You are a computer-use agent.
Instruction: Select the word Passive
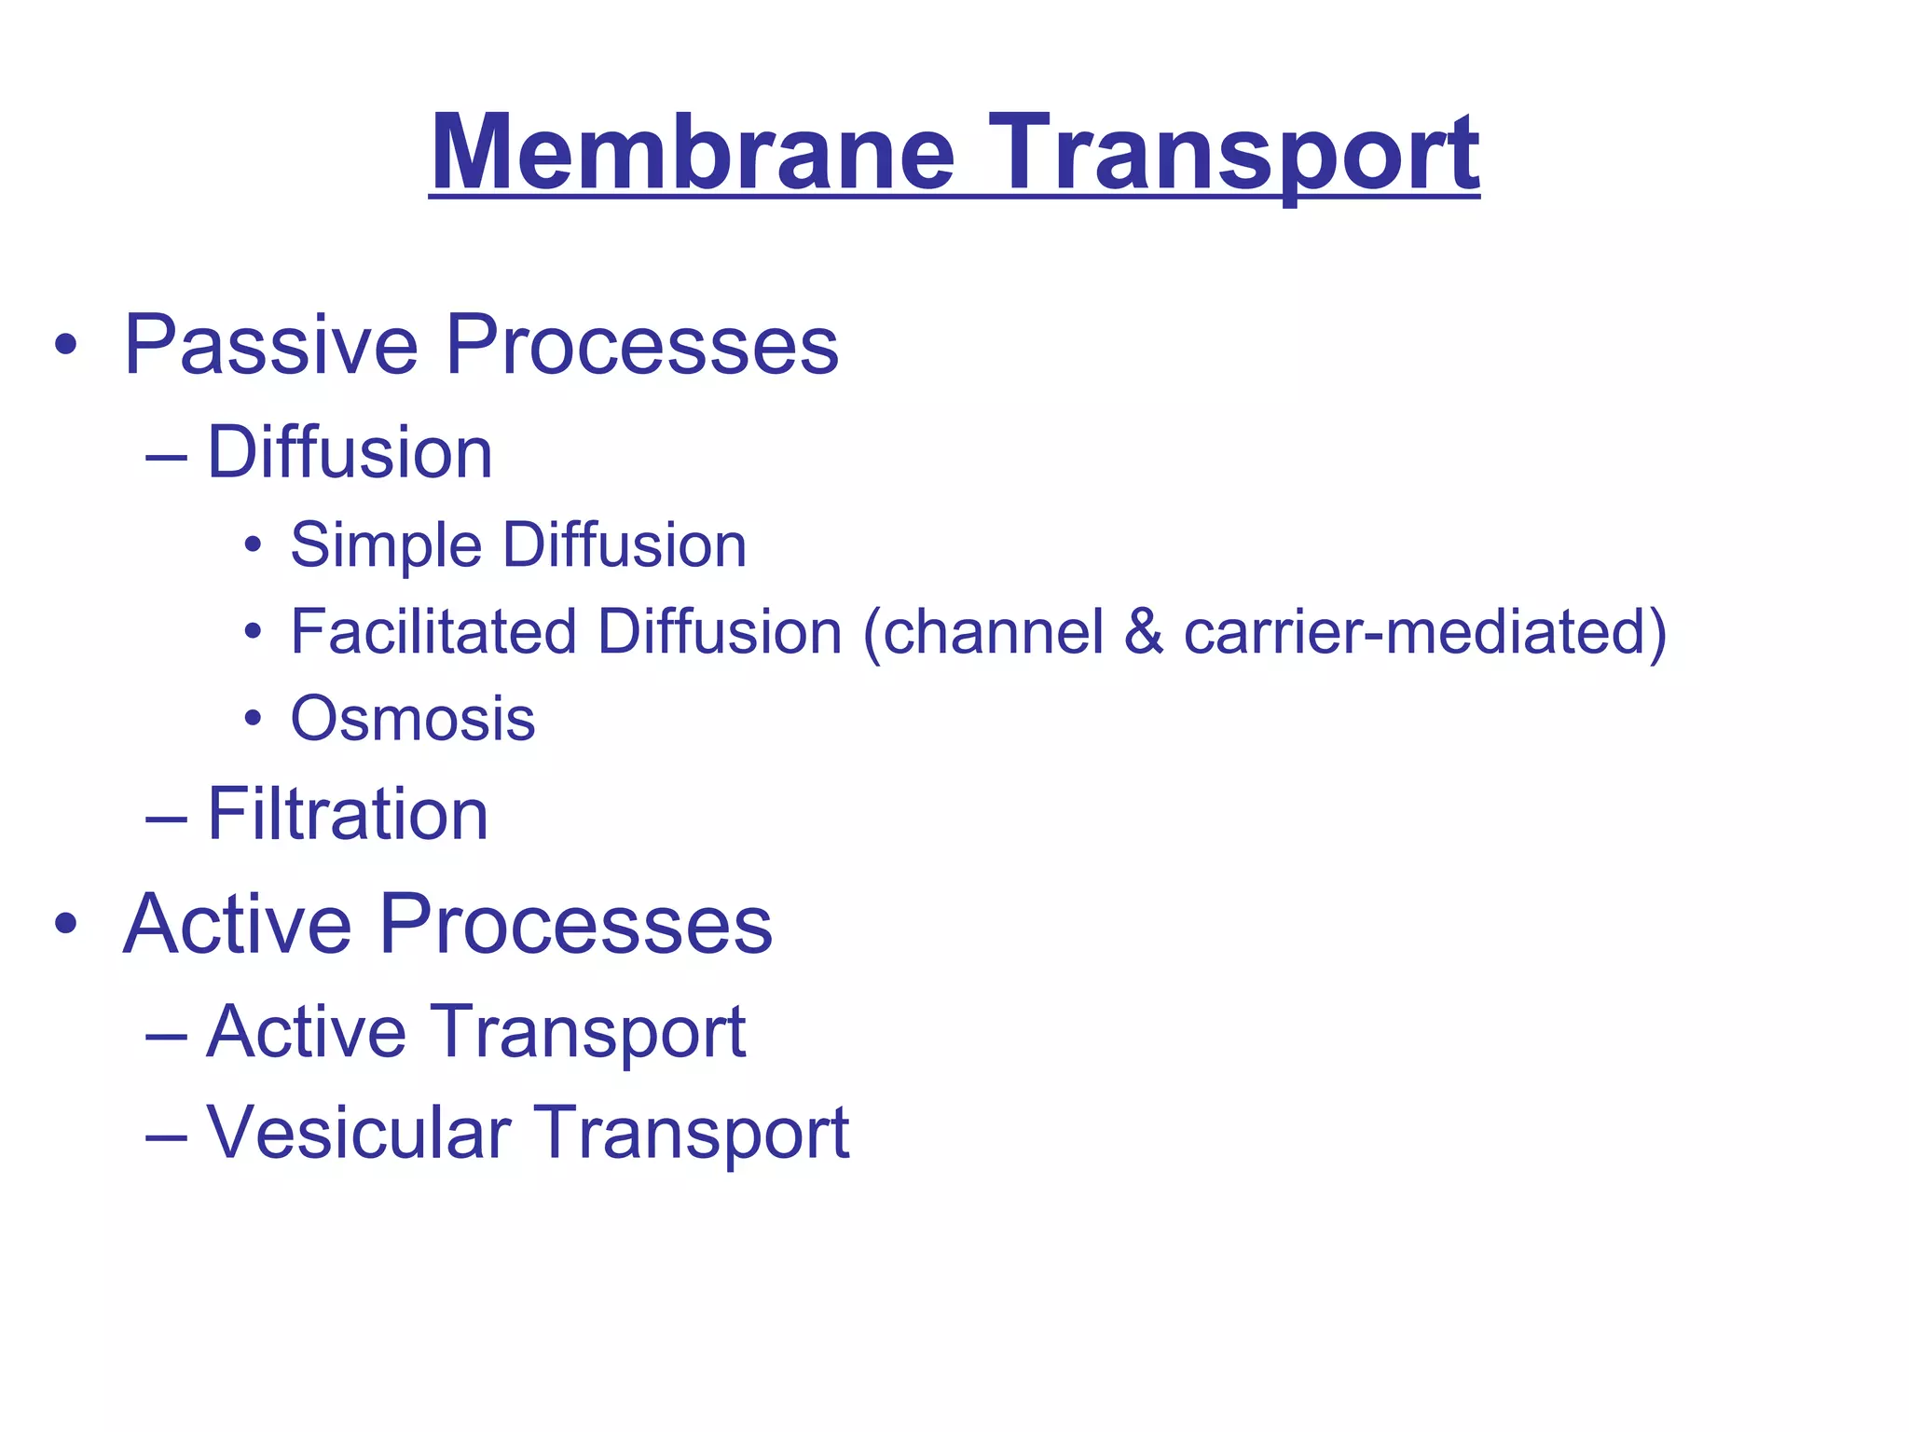click(270, 345)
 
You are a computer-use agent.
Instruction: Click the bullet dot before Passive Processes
click(65, 346)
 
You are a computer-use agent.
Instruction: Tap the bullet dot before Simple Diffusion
click(253, 544)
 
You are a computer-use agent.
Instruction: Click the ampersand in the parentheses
click(1143, 632)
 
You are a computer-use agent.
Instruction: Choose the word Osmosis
click(413, 720)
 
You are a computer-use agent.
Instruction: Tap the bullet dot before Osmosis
click(253, 719)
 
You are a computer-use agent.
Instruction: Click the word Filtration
click(347, 815)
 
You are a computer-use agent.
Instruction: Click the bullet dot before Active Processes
click(65, 924)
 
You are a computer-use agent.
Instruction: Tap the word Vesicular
click(358, 1133)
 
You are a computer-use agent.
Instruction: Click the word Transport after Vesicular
click(691, 1133)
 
